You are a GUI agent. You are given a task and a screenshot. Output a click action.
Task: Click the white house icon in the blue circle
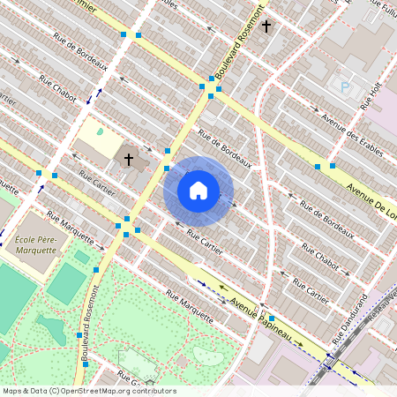click(x=198, y=190)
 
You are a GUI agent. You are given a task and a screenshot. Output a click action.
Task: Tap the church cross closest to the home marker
click(x=129, y=160)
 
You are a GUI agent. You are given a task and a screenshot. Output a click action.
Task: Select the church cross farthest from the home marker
click(x=266, y=27)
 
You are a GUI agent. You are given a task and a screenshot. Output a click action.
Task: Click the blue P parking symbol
click(x=345, y=87)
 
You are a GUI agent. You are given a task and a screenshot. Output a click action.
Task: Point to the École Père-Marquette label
click(x=35, y=244)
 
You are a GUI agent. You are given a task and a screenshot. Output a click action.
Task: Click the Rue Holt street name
click(x=369, y=94)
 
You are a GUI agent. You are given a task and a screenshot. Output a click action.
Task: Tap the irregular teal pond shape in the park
click(x=51, y=330)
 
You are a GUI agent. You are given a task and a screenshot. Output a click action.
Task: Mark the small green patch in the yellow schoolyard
click(x=99, y=132)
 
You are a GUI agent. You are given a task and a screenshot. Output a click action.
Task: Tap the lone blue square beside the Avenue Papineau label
click(x=272, y=318)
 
